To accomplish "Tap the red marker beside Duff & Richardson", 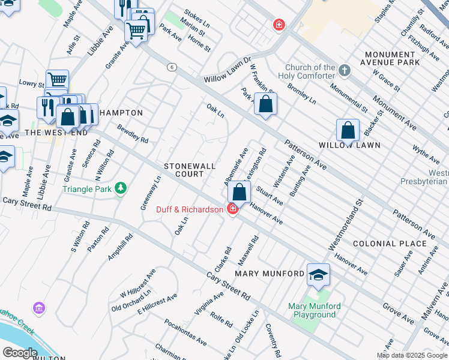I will [232, 208].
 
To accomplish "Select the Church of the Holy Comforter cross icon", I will [344, 71].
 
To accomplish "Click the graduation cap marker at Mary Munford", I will [318, 275].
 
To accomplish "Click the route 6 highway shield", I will [172, 67].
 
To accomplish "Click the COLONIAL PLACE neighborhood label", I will [390, 244].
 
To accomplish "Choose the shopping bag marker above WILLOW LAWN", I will [348, 130].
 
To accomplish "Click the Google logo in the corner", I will [19, 352].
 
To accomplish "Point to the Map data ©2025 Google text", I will [412, 355].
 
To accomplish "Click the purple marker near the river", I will [39, 308].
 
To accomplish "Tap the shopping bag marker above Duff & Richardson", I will [239, 193].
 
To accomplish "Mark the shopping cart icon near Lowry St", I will [57, 80].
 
